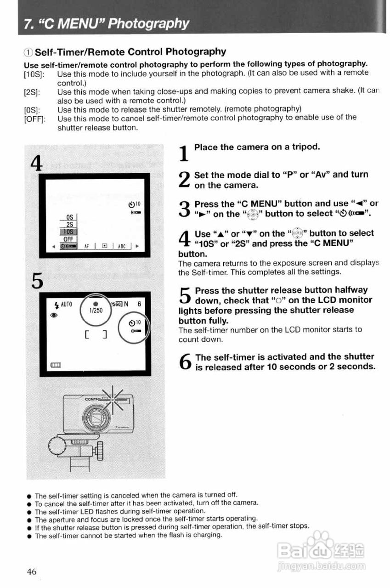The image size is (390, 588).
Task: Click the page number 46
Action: point(31,571)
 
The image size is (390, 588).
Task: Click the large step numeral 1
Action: point(184,153)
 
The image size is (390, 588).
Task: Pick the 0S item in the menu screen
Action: point(70,216)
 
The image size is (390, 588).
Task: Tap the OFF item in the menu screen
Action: point(68,239)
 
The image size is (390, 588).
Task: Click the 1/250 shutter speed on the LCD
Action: point(96,310)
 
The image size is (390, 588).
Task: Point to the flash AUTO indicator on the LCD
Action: point(62,304)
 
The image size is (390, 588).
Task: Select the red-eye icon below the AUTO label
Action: point(57,315)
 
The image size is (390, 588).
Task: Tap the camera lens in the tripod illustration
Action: point(97,418)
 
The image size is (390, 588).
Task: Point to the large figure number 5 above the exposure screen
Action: point(38,281)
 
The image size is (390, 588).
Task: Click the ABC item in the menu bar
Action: point(122,246)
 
